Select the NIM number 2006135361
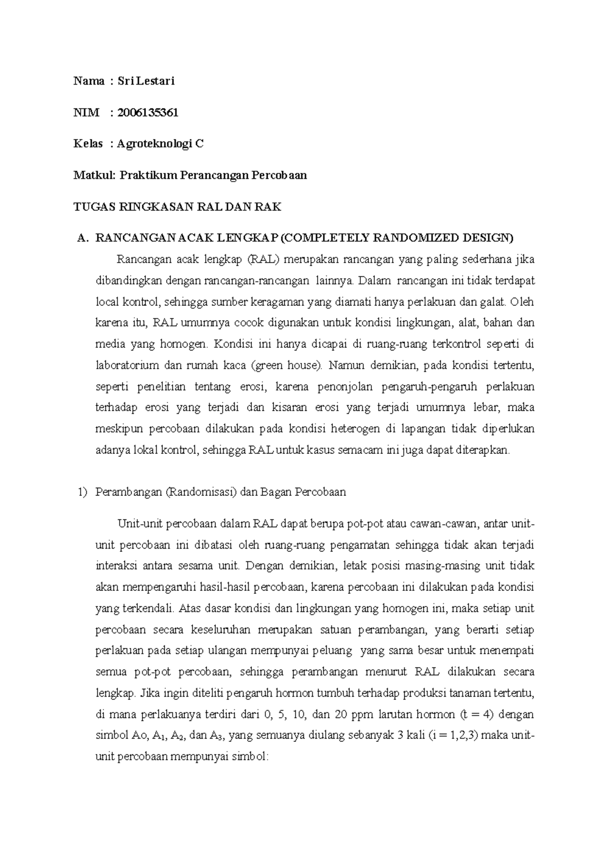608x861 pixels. (147, 113)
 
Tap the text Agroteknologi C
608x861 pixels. (160, 144)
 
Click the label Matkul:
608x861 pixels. (95, 175)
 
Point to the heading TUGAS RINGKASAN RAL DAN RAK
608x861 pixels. (177, 207)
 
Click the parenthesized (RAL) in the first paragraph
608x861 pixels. (263, 260)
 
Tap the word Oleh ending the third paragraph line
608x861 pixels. (522, 302)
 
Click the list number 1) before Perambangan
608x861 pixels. (82, 492)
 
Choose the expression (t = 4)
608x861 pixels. (478, 714)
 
